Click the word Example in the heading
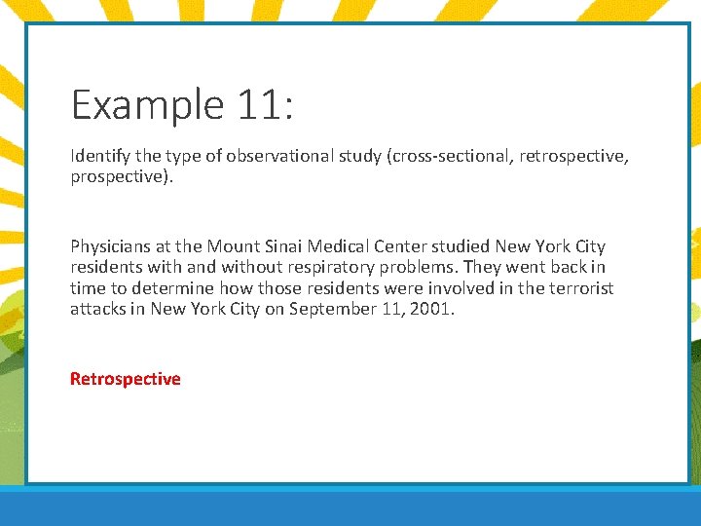pos(148,104)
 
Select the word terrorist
pos(582,288)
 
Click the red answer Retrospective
pos(125,379)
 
